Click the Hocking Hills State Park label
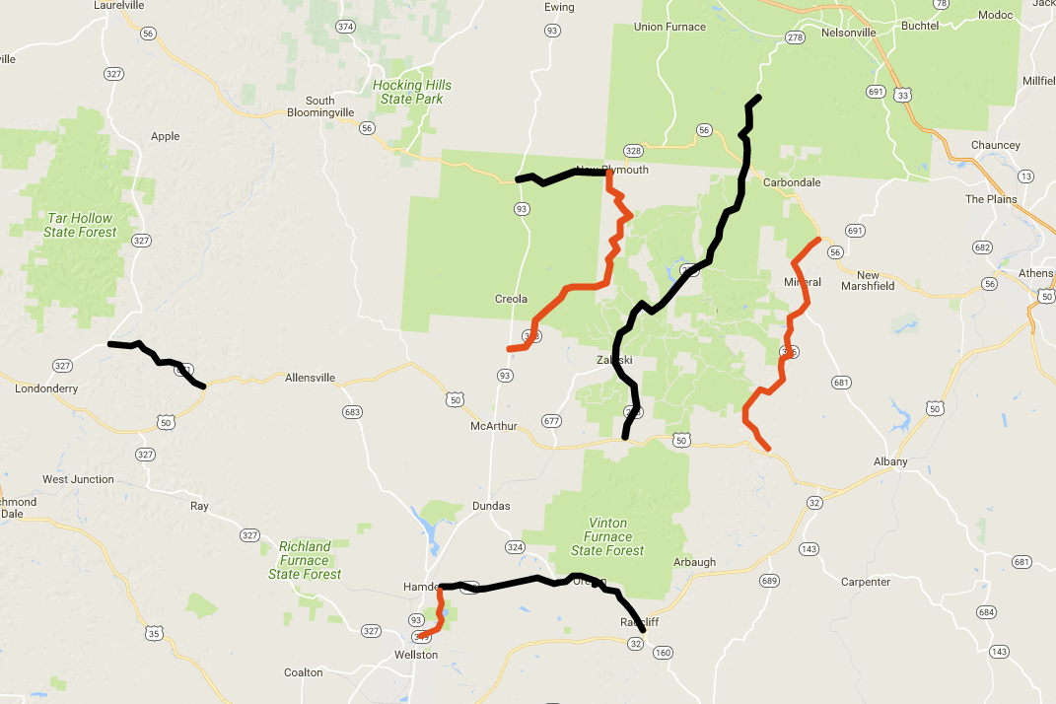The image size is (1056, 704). [x=412, y=92]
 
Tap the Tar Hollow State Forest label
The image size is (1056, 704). [x=80, y=225]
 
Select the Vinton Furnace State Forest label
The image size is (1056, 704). [x=607, y=536]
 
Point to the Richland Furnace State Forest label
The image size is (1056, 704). [x=305, y=560]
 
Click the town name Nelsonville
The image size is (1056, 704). [x=848, y=33]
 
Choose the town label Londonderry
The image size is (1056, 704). [x=46, y=389]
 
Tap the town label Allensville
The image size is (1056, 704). [x=310, y=378]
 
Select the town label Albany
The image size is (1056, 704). [x=889, y=461]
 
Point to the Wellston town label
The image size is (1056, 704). [x=415, y=655]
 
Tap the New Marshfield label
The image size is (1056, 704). [x=868, y=280]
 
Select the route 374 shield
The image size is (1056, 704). [x=345, y=27]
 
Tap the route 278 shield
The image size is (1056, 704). [x=795, y=37]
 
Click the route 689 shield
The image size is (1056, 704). [x=769, y=581]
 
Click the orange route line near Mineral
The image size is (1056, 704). [x=788, y=335]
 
